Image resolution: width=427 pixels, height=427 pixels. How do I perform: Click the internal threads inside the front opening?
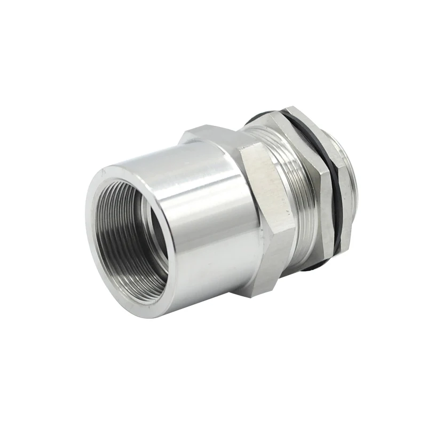115,251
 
